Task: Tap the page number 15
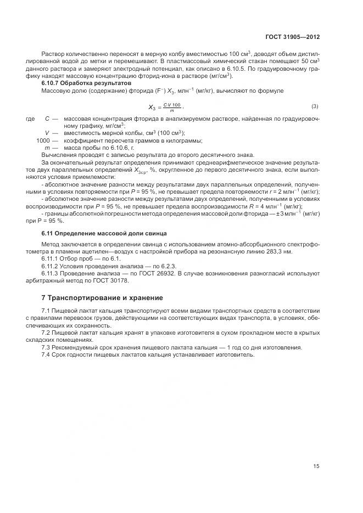[316, 466]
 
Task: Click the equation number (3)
[315, 106]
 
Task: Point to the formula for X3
[165, 108]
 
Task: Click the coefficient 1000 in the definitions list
[43, 140]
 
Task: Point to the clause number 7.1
[47, 311]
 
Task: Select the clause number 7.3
[47, 347]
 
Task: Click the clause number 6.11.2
[50, 266]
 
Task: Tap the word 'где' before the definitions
[31, 119]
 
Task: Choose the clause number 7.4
[47, 354]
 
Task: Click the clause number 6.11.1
[50, 258]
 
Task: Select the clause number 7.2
[47, 332]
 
